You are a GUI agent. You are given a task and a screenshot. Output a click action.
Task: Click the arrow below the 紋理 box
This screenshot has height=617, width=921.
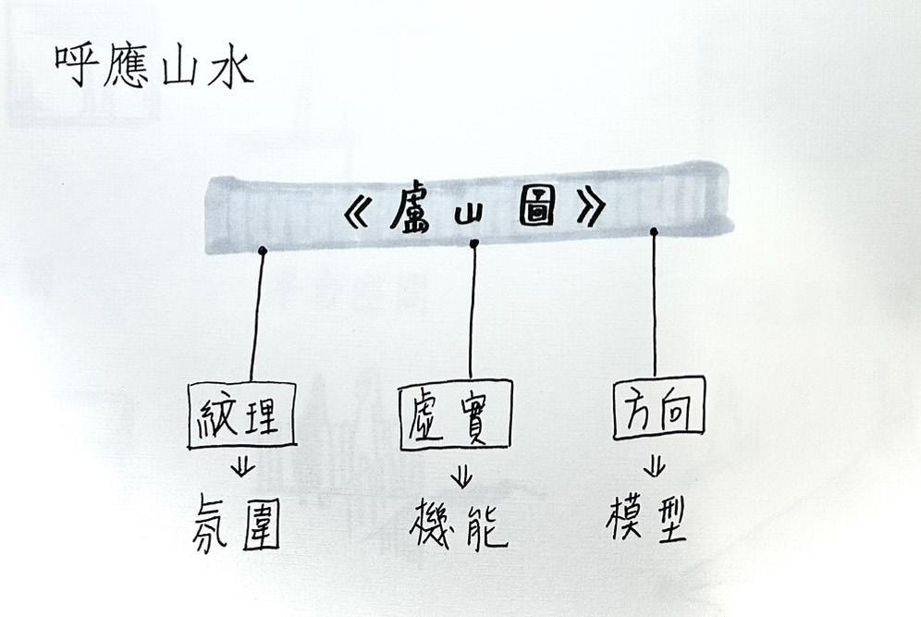243,466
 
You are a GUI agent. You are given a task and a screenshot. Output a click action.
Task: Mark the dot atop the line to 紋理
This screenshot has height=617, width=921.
263,251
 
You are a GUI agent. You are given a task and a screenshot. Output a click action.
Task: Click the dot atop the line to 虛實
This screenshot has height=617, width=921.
474,244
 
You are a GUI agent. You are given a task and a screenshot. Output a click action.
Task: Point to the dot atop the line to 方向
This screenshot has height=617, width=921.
654,231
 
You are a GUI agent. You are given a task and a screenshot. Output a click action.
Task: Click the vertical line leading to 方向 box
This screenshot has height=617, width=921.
655,305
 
